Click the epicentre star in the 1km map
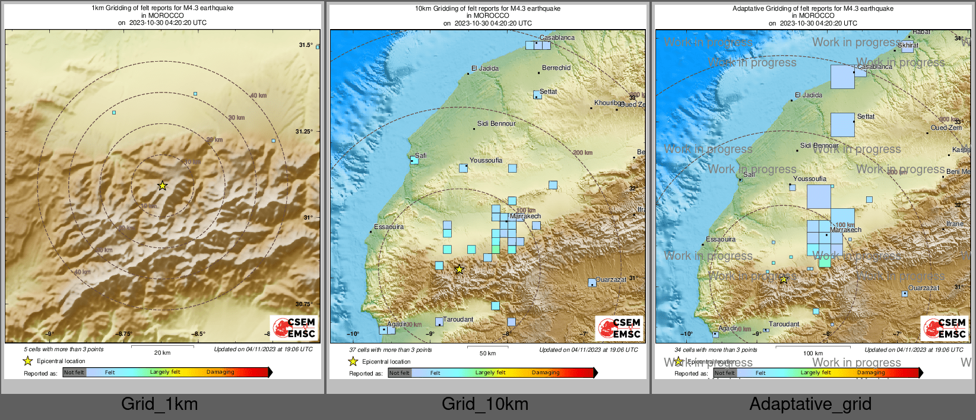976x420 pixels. click(162, 186)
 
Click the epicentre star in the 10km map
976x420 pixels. click(459, 269)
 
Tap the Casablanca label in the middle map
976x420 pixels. click(557, 37)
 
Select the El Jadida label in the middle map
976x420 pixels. click(485, 68)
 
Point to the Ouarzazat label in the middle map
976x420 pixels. click(611, 279)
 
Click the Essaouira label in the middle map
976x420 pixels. click(389, 227)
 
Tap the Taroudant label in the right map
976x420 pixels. click(784, 324)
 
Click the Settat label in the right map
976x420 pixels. click(866, 116)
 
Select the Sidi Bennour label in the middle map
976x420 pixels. click(496, 123)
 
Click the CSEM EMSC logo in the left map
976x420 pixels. click(294, 327)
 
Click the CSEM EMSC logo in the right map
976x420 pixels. click(945, 328)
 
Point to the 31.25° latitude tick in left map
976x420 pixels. click(304, 132)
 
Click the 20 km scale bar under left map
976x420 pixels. click(162, 346)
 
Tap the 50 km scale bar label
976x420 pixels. click(487, 354)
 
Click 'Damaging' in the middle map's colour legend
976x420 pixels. click(546, 373)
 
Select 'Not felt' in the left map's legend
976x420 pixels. click(74, 373)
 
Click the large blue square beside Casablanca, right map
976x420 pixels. click(842, 77)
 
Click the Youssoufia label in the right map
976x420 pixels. click(810, 179)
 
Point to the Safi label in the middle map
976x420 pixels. click(420, 155)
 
